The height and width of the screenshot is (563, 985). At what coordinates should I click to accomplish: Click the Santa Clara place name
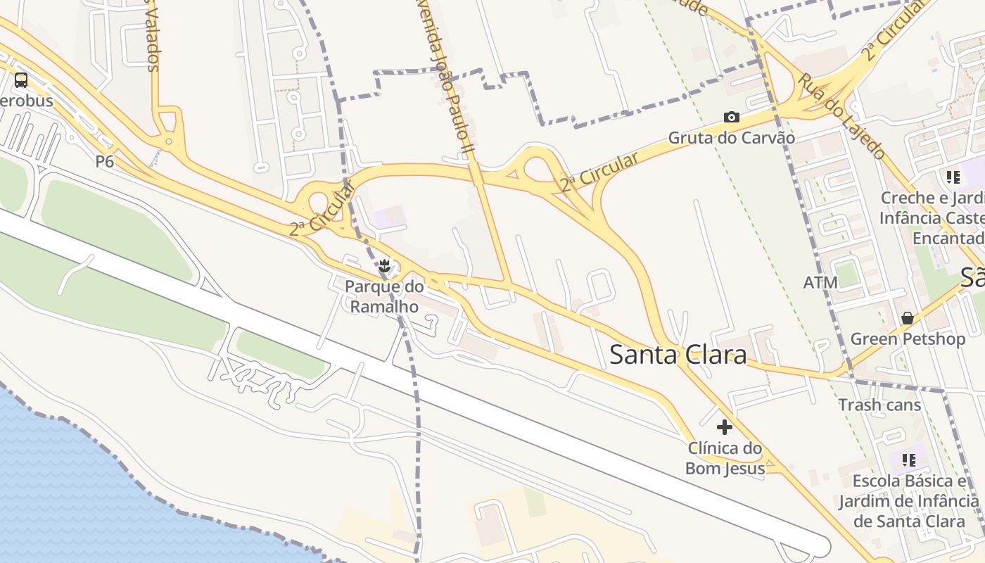[x=678, y=354]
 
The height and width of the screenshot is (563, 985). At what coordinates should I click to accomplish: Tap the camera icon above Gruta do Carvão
[x=732, y=118]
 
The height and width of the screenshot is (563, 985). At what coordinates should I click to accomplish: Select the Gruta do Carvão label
[x=732, y=138]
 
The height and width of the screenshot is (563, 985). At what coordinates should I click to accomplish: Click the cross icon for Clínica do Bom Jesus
[x=724, y=427]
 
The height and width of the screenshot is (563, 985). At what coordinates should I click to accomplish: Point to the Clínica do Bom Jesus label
[x=725, y=458]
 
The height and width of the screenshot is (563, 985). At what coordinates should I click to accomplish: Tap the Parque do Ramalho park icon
[x=384, y=266]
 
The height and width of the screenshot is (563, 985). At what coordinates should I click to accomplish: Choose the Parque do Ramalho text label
[x=384, y=296]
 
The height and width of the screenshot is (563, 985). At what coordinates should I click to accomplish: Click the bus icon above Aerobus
[x=21, y=80]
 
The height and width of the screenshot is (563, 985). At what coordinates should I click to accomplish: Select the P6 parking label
[x=105, y=162]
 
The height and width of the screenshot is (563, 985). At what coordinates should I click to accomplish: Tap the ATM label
[x=820, y=283]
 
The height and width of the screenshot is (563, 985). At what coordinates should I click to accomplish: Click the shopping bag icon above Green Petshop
[x=908, y=318]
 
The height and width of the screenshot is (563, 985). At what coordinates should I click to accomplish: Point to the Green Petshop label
[x=908, y=339]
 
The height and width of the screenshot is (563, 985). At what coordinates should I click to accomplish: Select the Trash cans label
[x=879, y=405]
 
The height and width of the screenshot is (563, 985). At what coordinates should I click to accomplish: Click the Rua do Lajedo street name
[x=841, y=116]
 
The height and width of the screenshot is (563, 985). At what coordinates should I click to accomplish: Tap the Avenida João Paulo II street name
[x=450, y=77]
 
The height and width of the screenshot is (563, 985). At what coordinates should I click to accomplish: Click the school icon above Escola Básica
[x=909, y=460]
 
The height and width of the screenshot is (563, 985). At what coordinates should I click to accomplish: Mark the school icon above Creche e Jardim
[x=953, y=177]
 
